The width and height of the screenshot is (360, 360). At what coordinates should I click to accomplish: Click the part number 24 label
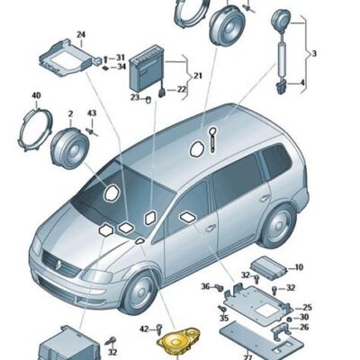[81, 35]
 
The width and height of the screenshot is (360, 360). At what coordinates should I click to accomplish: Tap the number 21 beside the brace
[198, 76]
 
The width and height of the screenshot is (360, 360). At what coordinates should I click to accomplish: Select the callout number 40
[36, 96]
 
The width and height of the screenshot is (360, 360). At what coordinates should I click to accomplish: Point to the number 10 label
[299, 267]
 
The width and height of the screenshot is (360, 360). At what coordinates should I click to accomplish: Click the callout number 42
[144, 329]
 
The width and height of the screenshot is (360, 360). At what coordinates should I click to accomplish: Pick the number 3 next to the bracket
[314, 54]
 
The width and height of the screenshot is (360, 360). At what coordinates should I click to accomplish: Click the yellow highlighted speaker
[178, 341]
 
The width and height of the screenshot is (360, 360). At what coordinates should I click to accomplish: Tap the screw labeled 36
[220, 287]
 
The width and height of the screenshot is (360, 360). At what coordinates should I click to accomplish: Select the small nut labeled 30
[290, 319]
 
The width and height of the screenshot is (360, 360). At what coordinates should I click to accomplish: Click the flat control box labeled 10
[267, 268]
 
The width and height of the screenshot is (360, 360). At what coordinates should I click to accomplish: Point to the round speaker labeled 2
[69, 148]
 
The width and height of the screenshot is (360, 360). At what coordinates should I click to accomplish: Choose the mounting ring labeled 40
[35, 130]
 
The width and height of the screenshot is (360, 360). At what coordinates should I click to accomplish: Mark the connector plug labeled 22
[162, 92]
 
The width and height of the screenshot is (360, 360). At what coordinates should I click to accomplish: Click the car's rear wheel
[276, 226]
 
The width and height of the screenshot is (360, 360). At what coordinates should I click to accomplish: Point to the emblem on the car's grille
[58, 264]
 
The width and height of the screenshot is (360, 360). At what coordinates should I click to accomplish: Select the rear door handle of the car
[265, 198]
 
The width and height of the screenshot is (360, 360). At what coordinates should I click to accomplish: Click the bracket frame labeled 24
[70, 58]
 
